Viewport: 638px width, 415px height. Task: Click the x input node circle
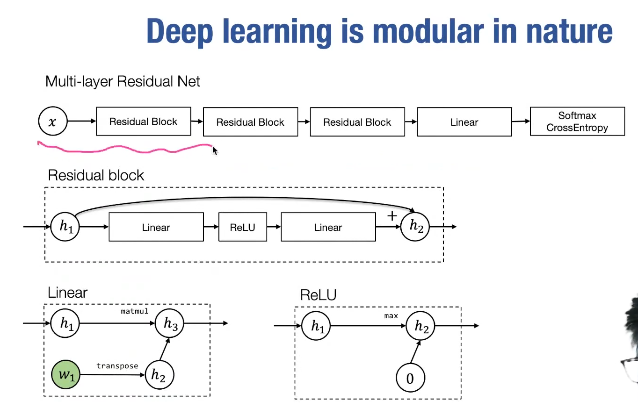point(52,122)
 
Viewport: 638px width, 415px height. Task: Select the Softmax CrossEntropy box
point(577,122)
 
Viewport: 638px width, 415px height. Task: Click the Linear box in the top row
point(464,122)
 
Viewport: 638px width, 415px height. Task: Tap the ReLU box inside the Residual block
point(242,227)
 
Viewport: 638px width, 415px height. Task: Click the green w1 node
point(65,375)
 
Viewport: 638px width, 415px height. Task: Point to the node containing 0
point(410,378)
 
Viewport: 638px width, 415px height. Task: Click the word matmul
point(134,311)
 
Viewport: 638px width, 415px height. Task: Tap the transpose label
point(117,365)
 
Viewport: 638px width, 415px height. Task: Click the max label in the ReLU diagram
point(391,316)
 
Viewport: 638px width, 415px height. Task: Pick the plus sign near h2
point(392,216)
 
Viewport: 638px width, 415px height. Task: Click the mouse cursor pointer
point(215,150)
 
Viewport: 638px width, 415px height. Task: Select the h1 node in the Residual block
point(65,227)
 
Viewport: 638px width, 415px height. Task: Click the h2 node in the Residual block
point(415,227)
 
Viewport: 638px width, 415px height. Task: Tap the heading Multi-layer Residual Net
point(123,82)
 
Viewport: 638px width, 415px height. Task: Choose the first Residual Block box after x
point(144,122)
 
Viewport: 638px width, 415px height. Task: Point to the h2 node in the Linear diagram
point(159,375)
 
